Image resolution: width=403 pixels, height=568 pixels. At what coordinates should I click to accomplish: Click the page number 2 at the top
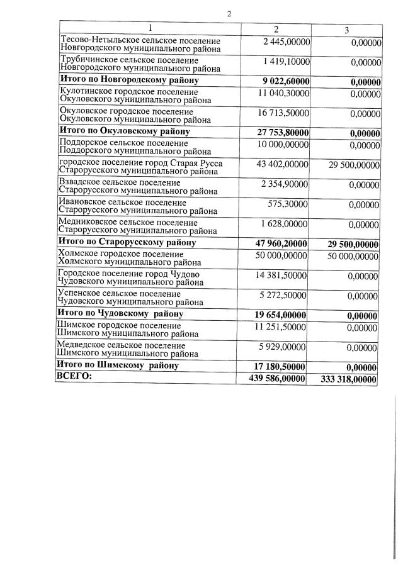pos(229,13)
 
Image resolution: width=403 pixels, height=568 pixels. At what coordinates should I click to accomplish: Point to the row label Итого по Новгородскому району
pos(128,80)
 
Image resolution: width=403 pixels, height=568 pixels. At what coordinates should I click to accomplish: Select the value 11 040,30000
pos(283,92)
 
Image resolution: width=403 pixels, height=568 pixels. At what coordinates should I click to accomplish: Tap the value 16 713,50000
pos(283,113)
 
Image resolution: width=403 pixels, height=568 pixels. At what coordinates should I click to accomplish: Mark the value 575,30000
pos(288,204)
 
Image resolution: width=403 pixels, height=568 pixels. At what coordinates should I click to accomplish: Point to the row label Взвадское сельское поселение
pos(120,182)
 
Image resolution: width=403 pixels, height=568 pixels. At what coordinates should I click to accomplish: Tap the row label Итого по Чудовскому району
pos(120,313)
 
